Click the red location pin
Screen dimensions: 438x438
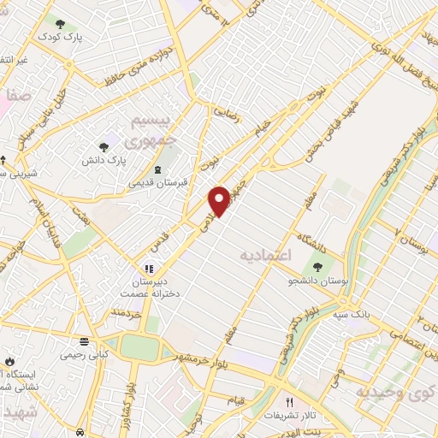[220, 200]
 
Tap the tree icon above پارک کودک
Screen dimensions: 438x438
[59, 24]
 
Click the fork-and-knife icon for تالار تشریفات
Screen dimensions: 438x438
[290, 403]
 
